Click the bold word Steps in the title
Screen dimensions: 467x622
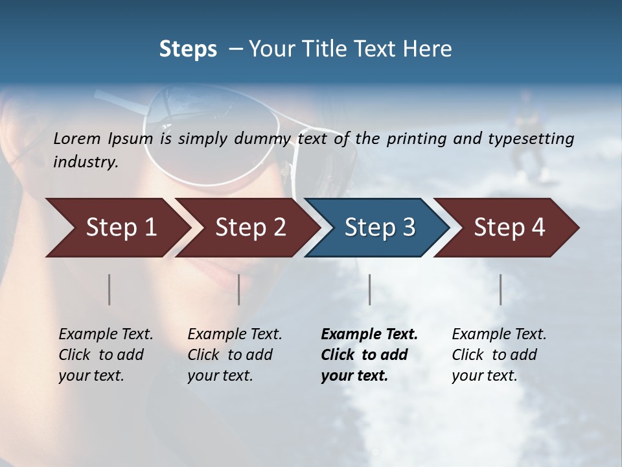(188, 49)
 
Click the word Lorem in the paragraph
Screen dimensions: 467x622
(77, 138)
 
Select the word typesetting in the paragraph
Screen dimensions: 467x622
(533, 138)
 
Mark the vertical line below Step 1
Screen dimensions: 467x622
(109, 289)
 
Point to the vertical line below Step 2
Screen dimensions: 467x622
(239, 289)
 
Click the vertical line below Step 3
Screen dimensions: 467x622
(369, 289)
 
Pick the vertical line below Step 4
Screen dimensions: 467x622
(500, 289)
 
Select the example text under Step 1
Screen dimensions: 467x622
(106, 355)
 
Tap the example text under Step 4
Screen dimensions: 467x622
(499, 355)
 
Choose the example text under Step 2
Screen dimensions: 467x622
(235, 355)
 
